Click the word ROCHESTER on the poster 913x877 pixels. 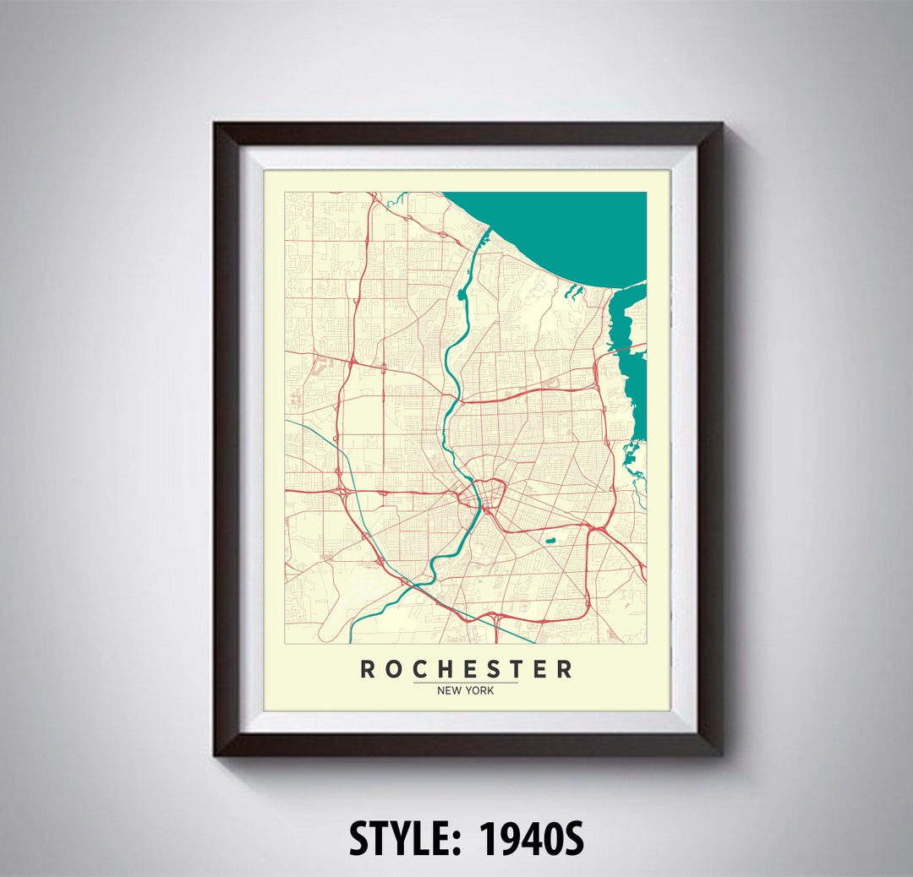point(466,669)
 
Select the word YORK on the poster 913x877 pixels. point(480,691)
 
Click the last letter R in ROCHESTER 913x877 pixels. point(565,669)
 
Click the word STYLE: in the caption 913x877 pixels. point(405,839)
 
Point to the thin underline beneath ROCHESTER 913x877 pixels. point(466,683)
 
